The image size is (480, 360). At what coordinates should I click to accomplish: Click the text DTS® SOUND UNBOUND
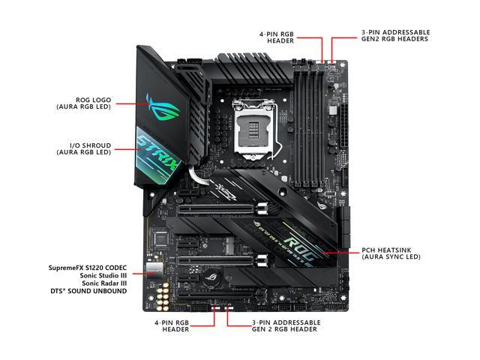88,290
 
